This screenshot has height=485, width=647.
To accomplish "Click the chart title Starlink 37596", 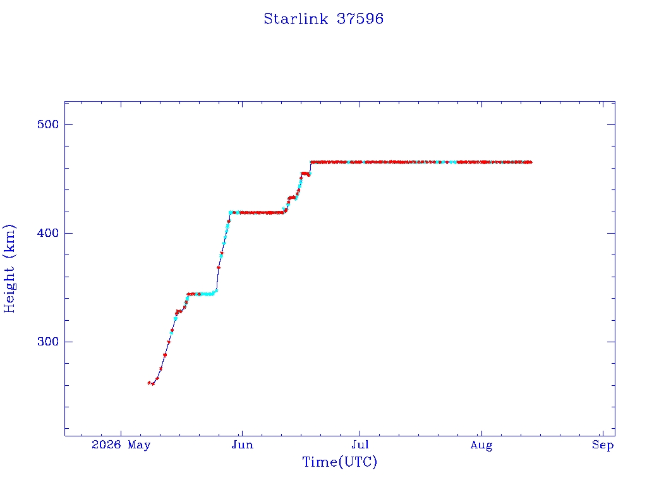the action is click(x=323, y=19).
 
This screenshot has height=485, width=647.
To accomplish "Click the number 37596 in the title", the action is click(x=360, y=19).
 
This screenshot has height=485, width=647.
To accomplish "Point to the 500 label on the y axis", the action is click(x=48, y=124).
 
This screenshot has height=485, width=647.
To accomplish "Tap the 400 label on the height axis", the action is click(x=48, y=233).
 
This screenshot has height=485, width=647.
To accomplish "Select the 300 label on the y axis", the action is click(x=48, y=342).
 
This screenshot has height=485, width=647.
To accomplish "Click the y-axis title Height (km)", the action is click(x=9, y=268).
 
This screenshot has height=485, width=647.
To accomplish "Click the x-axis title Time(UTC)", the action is click(x=339, y=462).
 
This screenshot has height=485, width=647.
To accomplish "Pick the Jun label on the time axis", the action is click(x=242, y=445).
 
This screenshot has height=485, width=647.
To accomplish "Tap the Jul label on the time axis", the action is click(x=360, y=445).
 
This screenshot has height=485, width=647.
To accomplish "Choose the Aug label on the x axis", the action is click(x=481, y=445).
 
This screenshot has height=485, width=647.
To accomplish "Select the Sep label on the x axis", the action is click(x=603, y=445).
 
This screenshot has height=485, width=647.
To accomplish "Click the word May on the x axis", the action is click(x=139, y=445).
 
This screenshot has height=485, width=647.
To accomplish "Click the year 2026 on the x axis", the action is click(x=106, y=445).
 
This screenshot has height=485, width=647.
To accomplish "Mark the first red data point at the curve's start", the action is click(x=149, y=383).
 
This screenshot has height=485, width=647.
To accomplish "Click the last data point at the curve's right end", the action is click(x=530, y=162).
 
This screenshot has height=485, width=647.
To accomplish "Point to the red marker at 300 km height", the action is click(x=168, y=342).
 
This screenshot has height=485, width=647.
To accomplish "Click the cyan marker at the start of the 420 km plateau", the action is click(x=231, y=212).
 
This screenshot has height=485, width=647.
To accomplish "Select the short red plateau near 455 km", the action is click(x=305, y=174).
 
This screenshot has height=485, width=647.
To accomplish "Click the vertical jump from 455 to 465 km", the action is click(x=310, y=168).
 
